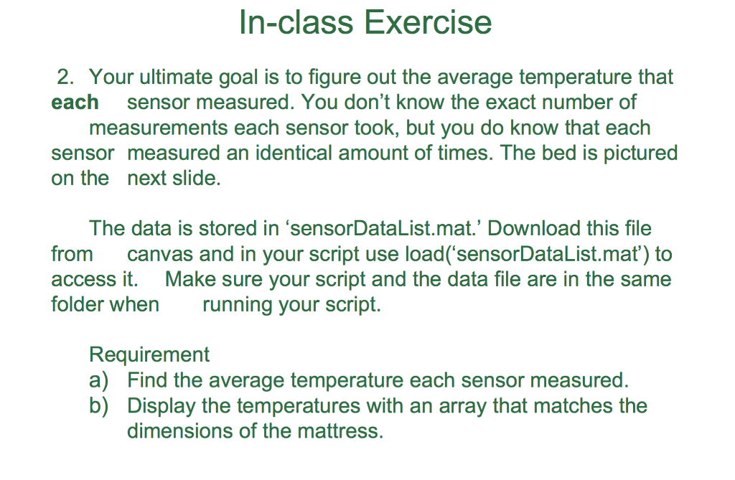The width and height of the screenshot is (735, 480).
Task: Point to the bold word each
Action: point(75,103)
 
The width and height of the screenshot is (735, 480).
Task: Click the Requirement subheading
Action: point(149,354)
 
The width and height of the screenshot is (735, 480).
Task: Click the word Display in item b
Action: point(161,406)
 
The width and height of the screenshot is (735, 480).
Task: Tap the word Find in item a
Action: point(147,380)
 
